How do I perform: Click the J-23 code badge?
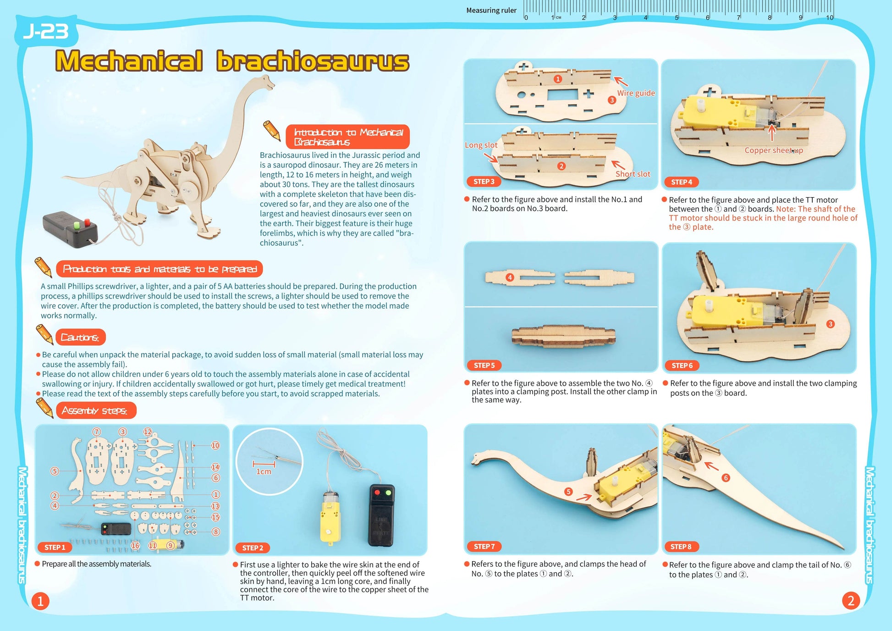tap(46, 31)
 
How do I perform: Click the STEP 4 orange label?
tap(681, 182)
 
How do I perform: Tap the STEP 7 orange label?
tap(484, 546)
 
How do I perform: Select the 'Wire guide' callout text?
tap(636, 93)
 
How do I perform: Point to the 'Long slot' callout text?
tap(481, 145)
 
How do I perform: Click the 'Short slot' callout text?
tap(633, 174)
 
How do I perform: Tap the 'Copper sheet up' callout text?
tap(773, 150)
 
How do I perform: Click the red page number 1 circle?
tap(40, 601)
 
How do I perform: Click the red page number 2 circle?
tap(851, 600)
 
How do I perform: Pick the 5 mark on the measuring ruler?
tap(677, 17)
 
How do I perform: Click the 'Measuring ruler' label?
tap(491, 10)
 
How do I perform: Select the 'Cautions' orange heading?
tap(80, 337)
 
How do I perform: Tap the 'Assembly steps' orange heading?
tap(95, 410)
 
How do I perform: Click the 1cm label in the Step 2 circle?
tap(264, 471)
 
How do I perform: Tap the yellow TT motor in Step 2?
tap(330, 518)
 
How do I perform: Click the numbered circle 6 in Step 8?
tap(726, 478)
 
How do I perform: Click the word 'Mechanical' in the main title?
tap(129, 61)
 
